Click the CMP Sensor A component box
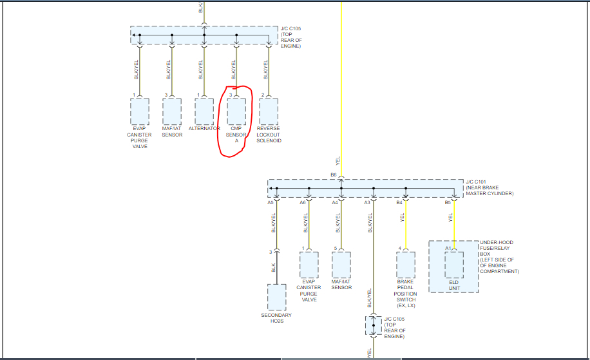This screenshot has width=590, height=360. click(236, 111)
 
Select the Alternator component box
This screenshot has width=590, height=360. click(204, 111)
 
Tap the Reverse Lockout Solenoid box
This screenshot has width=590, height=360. click(269, 111)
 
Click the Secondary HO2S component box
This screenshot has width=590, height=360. click(276, 297)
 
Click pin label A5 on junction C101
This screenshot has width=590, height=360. click(271, 203)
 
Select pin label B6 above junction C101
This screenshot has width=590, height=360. click(334, 175)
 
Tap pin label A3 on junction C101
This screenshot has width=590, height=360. click(367, 203)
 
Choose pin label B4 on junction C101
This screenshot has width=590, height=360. click(399, 203)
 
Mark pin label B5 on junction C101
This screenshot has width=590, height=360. click(448, 203)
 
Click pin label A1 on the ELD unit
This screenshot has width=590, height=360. click(448, 248)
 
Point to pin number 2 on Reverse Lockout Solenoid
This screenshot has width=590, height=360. click(263, 95)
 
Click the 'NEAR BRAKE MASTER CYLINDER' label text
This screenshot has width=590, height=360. click(490, 190)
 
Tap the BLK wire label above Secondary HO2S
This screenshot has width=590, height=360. click(273, 267)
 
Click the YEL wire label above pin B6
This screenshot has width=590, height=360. click(338, 160)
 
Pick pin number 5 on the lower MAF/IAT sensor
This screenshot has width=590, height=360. click(336, 248)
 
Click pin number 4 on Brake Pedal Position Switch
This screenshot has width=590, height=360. click(400, 248)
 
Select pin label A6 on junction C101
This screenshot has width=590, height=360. click(303, 203)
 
